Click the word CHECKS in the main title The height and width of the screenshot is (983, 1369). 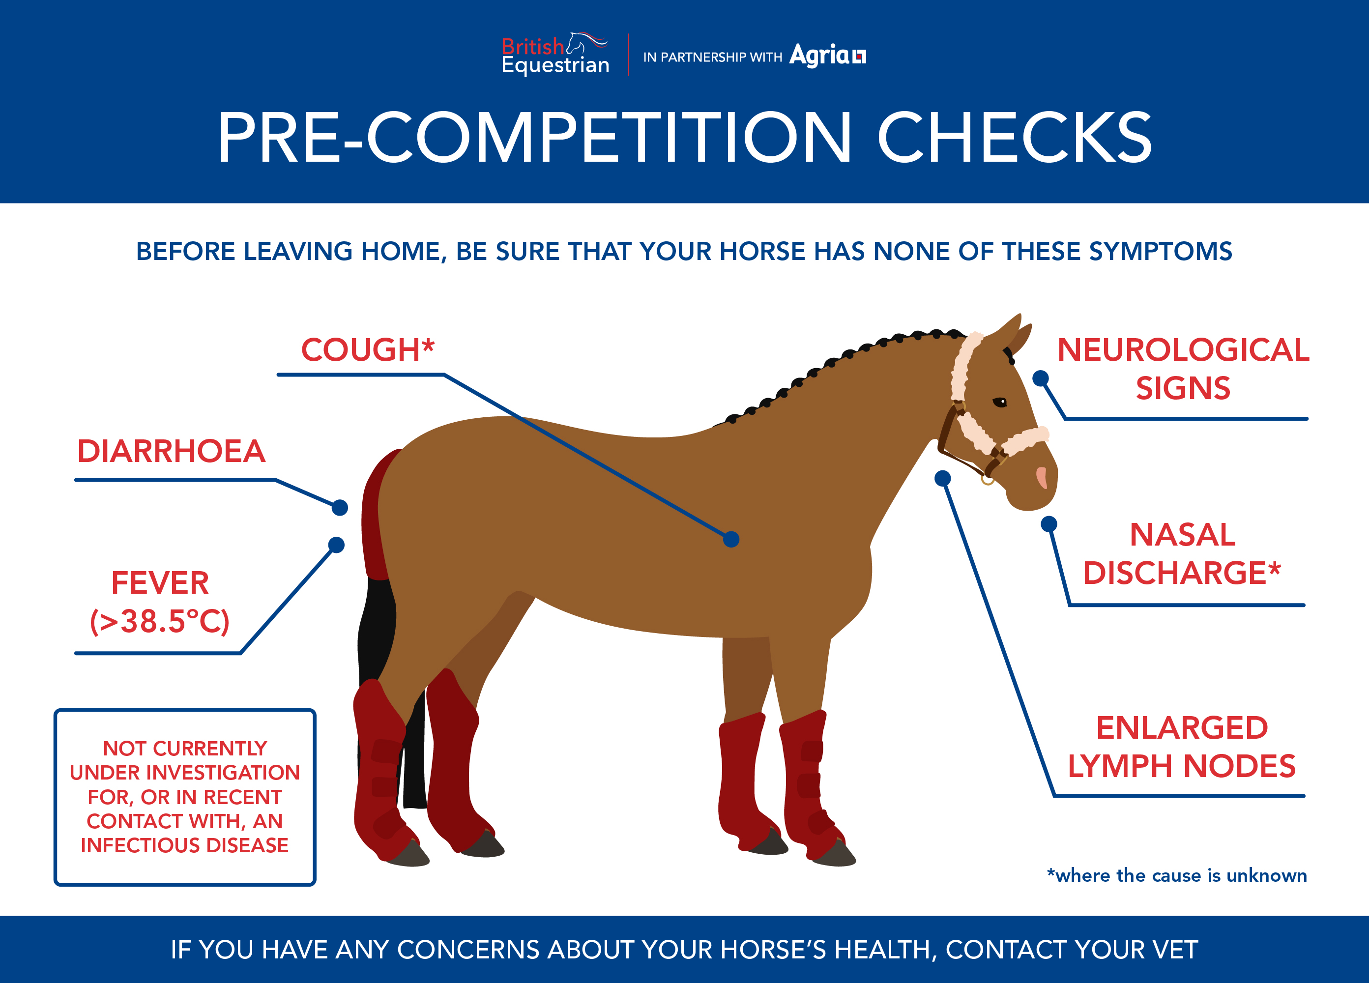[1014, 138]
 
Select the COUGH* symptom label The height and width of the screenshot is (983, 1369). [368, 349]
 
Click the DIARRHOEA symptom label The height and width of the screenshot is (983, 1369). [172, 451]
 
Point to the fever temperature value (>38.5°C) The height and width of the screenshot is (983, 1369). [160, 621]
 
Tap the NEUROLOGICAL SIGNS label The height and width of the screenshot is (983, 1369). [1183, 369]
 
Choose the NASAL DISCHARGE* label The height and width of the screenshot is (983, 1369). [1182, 553]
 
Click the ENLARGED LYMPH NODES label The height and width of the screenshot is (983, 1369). [1182, 747]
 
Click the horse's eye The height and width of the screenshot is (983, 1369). [1000, 402]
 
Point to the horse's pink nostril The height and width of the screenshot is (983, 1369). [1042, 477]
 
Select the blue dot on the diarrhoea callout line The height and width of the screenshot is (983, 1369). [340, 508]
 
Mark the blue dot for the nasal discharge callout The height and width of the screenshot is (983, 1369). [1049, 524]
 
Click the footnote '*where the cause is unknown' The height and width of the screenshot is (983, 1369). [1177, 875]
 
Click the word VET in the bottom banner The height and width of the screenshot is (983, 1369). [1175, 950]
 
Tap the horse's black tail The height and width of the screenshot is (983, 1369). [386, 688]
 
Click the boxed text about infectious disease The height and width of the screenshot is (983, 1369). [185, 797]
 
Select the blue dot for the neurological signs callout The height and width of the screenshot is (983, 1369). [1041, 378]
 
